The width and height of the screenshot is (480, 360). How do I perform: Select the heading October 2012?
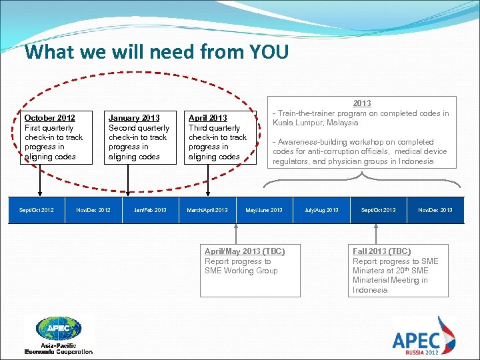point(49,118)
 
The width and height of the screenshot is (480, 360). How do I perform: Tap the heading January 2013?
point(133,118)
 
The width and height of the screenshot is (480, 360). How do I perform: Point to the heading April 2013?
point(207,118)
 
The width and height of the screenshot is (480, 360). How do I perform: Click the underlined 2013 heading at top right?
point(362,103)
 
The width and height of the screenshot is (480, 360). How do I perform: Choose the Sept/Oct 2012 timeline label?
point(37,210)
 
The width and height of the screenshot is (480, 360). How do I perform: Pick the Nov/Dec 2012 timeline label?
point(93,210)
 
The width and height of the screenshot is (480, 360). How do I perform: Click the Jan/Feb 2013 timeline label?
point(150,210)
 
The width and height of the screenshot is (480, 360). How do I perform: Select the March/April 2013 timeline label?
point(207,210)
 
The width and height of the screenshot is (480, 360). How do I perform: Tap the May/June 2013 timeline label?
point(264,210)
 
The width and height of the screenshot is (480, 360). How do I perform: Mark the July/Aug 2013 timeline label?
point(321,210)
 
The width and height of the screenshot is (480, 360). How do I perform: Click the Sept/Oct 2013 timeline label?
point(378,210)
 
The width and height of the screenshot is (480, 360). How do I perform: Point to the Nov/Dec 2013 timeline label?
point(435,210)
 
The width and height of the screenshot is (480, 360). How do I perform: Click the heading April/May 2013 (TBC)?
point(245,251)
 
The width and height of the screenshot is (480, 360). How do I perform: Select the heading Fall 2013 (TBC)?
point(381,251)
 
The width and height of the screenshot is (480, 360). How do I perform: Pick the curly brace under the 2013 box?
point(362,175)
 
